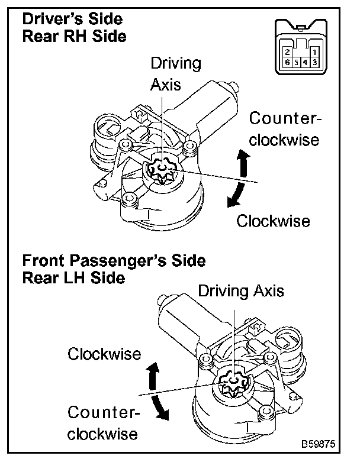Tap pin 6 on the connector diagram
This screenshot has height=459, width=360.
[287, 62]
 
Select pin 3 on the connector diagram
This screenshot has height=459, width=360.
[315, 62]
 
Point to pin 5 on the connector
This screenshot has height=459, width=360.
[296, 62]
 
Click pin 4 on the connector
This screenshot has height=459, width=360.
[306, 62]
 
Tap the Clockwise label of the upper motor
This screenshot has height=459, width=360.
[273, 221]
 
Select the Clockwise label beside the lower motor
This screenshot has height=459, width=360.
[104, 354]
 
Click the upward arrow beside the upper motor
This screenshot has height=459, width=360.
[243, 163]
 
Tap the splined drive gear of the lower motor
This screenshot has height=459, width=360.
[235, 385]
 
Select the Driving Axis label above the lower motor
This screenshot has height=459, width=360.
[240, 291]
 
